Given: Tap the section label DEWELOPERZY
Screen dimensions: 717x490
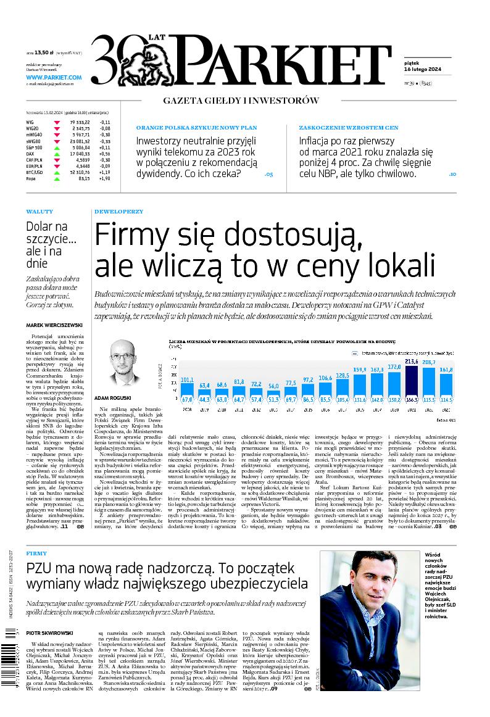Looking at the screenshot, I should [118, 212].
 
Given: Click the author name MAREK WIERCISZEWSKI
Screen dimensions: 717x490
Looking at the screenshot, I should [55, 325].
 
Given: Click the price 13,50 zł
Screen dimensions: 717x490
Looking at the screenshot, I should [46, 54].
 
